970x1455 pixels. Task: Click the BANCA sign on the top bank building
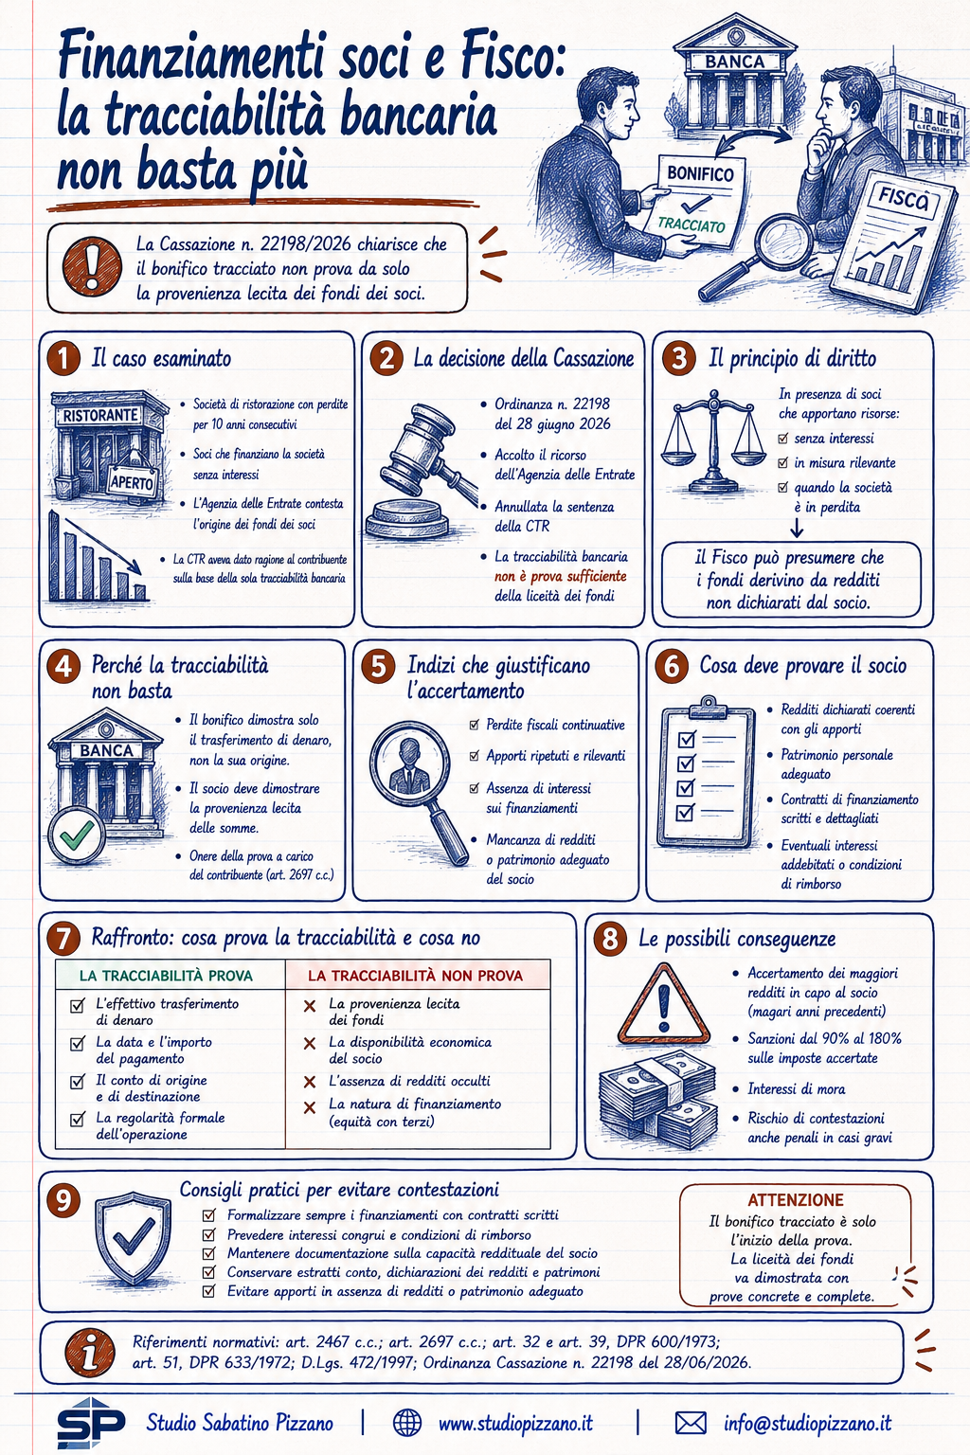click(x=735, y=62)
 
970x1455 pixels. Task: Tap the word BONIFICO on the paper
click(x=700, y=173)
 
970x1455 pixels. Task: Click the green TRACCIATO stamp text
click(x=692, y=225)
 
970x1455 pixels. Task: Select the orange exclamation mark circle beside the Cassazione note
click(x=92, y=266)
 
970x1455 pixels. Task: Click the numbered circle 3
click(x=679, y=359)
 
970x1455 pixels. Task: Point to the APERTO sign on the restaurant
click(x=133, y=481)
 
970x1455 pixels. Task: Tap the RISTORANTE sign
click(x=100, y=415)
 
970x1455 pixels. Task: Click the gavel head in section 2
click(x=418, y=434)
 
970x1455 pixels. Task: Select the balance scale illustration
click(x=713, y=441)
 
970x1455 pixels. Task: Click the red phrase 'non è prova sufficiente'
click(x=561, y=576)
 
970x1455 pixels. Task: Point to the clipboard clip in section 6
click(x=708, y=706)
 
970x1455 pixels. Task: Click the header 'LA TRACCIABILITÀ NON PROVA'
click(x=415, y=975)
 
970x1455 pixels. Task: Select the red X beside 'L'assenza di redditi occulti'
click(x=310, y=1082)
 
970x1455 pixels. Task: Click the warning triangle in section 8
click(x=663, y=1004)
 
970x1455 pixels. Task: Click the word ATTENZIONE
click(x=796, y=1200)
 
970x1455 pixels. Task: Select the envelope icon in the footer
click(x=691, y=1423)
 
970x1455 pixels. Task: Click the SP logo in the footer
click(x=91, y=1423)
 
